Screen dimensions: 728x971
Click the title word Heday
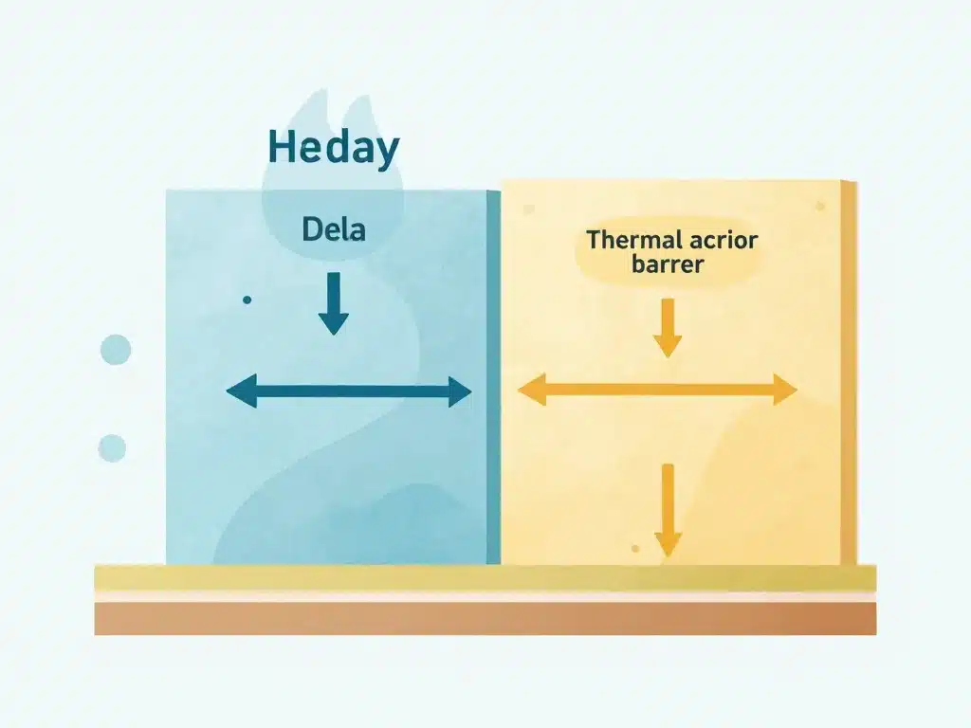[x=333, y=150]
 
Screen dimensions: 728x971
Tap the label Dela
[x=333, y=228]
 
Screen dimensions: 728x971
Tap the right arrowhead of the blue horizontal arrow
[x=460, y=391]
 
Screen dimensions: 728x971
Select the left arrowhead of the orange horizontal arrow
[x=530, y=389]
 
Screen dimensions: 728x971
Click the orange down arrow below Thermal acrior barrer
[x=668, y=327]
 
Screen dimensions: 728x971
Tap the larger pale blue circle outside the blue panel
[x=115, y=349]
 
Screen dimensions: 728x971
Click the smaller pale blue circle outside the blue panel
[x=112, y=447]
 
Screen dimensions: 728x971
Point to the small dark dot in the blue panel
[x=247, y=300]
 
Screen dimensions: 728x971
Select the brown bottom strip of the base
[x=485, y=619]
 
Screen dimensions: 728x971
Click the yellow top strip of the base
[x=485, y=577]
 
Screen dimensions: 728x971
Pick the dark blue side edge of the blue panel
[x=493, y=379]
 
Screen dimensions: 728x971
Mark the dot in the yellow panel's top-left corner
[x=528, y=209]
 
